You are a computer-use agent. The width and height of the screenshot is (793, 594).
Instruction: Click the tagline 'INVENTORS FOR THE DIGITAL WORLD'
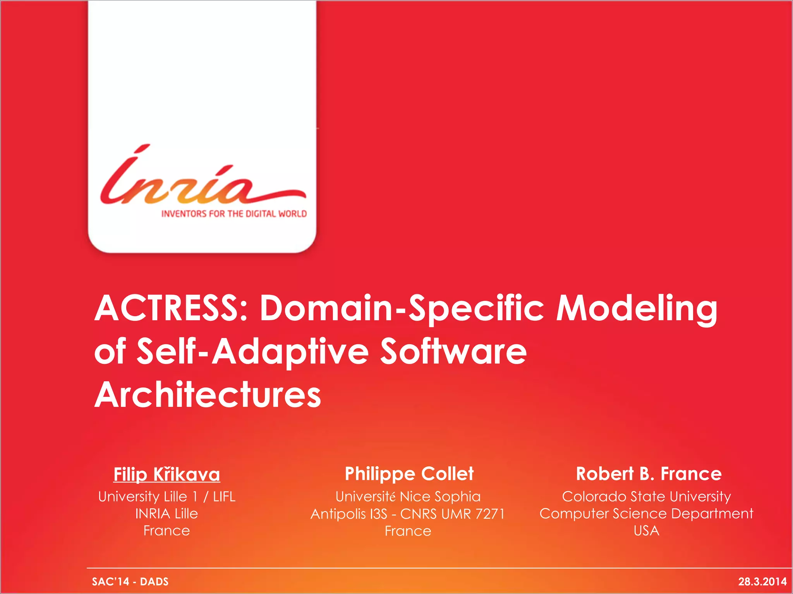tap(234, 214)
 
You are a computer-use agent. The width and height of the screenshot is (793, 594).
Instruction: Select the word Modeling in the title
tap(637, 309)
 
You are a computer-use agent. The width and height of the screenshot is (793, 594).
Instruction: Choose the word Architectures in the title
tap(208, 395)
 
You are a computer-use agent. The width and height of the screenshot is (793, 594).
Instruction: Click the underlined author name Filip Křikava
tap(167, 474)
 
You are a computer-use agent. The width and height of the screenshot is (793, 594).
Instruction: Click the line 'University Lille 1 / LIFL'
tap(167, 497)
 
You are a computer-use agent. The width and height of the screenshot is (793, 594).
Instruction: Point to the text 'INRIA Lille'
tap(166, 514)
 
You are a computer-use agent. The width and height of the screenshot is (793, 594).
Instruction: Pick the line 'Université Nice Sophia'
tap(408, 497)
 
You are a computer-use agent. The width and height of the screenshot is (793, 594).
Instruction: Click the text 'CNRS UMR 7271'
tap(452, 514)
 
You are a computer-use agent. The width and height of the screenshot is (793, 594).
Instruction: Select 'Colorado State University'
tap(646, 497)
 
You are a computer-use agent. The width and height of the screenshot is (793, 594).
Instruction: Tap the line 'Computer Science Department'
tap(646, 514)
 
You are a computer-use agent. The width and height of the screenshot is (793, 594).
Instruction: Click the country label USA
tap(646, 531)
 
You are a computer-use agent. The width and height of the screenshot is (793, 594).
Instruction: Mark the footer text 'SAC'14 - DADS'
tap(130, 582)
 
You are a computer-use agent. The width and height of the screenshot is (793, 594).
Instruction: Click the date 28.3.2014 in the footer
tap(762, 582)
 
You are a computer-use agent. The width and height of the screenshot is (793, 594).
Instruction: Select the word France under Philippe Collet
tap(408, 531)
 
